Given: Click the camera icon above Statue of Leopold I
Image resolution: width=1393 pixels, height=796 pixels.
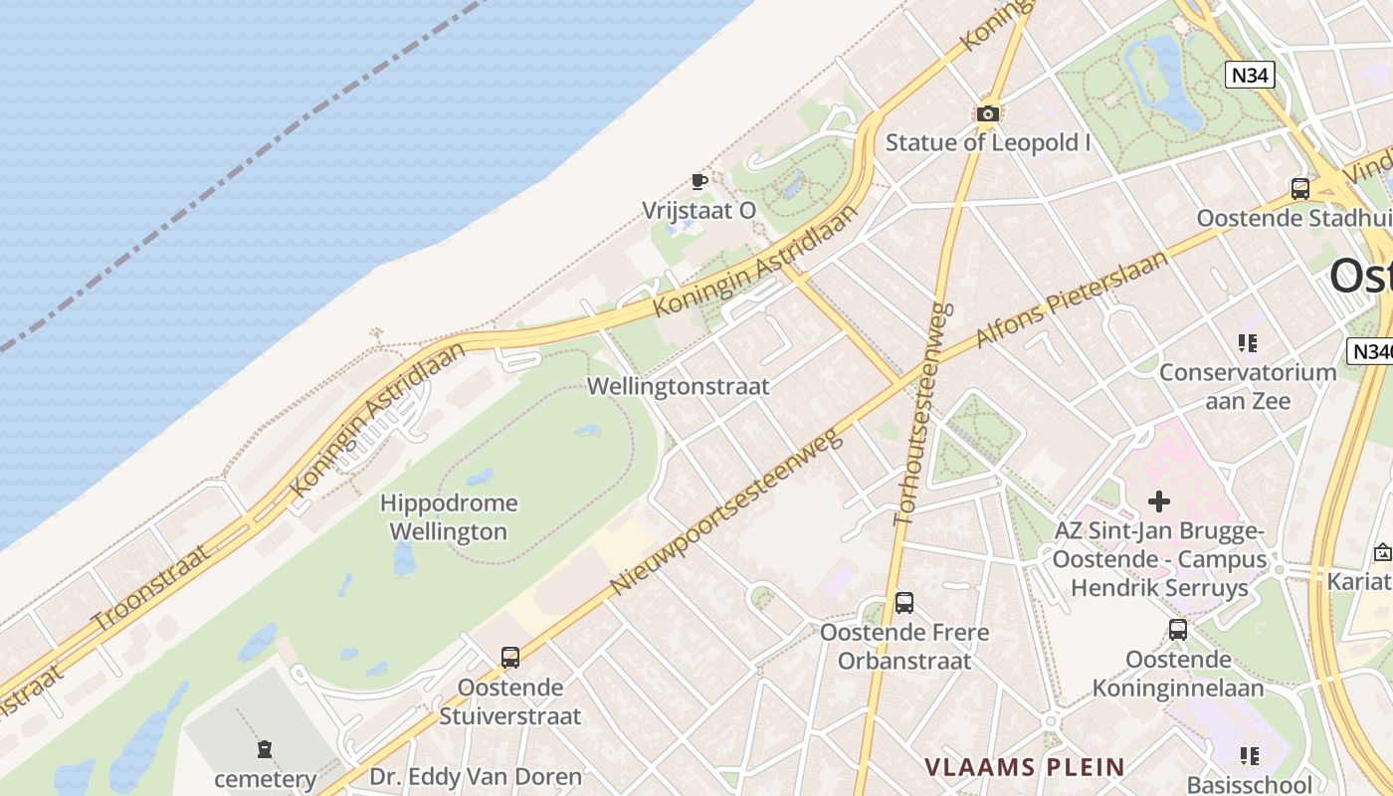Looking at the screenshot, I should (987, 114).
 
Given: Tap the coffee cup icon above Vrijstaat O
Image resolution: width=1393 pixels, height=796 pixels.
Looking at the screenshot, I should (698, 181).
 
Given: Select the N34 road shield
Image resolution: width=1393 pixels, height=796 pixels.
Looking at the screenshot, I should (1250, 75).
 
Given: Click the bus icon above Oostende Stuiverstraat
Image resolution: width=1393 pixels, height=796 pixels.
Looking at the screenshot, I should (510, 657).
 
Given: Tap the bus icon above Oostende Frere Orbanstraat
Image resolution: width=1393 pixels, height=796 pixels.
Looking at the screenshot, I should (903, 602).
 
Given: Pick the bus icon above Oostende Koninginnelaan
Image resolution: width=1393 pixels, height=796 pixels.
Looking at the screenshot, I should (1178, 629).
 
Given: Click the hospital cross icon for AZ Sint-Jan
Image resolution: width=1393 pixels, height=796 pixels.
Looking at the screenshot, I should (1159, 501).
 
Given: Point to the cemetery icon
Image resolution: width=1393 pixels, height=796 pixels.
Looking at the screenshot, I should (265, 748).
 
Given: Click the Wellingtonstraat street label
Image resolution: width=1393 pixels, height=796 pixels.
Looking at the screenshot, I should (679, 386).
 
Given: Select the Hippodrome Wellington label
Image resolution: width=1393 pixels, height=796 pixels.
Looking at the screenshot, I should (448, 517).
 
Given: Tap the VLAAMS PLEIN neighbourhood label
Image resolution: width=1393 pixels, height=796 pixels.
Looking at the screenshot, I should (1025, 767).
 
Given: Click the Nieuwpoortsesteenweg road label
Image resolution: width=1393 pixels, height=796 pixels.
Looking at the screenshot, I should (727, 508).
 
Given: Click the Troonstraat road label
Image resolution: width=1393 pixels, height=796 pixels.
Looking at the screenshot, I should (150, 588).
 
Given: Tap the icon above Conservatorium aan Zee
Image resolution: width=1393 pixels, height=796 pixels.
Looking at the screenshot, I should (1248, 343).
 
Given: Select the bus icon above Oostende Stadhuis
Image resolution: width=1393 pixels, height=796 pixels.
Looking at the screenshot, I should (1299, 189).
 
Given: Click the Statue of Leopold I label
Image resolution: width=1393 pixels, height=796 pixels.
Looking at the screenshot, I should (988, 142).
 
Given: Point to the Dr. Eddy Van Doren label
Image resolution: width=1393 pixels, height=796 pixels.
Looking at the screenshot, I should (476, 776).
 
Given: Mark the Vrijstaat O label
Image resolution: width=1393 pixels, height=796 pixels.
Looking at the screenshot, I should (698, 210).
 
